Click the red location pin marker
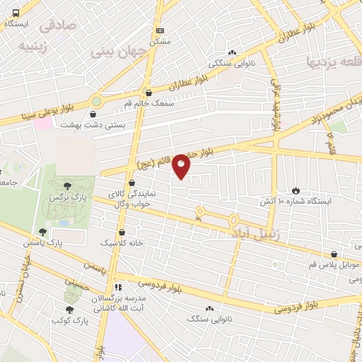pos(181,166)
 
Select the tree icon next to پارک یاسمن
pos(43,231)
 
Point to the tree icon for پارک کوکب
pos(69,309)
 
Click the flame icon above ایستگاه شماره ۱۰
pos(296,191)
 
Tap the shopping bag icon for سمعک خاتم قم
pos(148,91)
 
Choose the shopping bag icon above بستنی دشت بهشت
pos(94,113)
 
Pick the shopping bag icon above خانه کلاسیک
pos(122,231)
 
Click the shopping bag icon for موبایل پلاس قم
pos(334,255)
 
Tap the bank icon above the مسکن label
pos(160,30)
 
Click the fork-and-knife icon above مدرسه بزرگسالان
pos(118,288)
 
